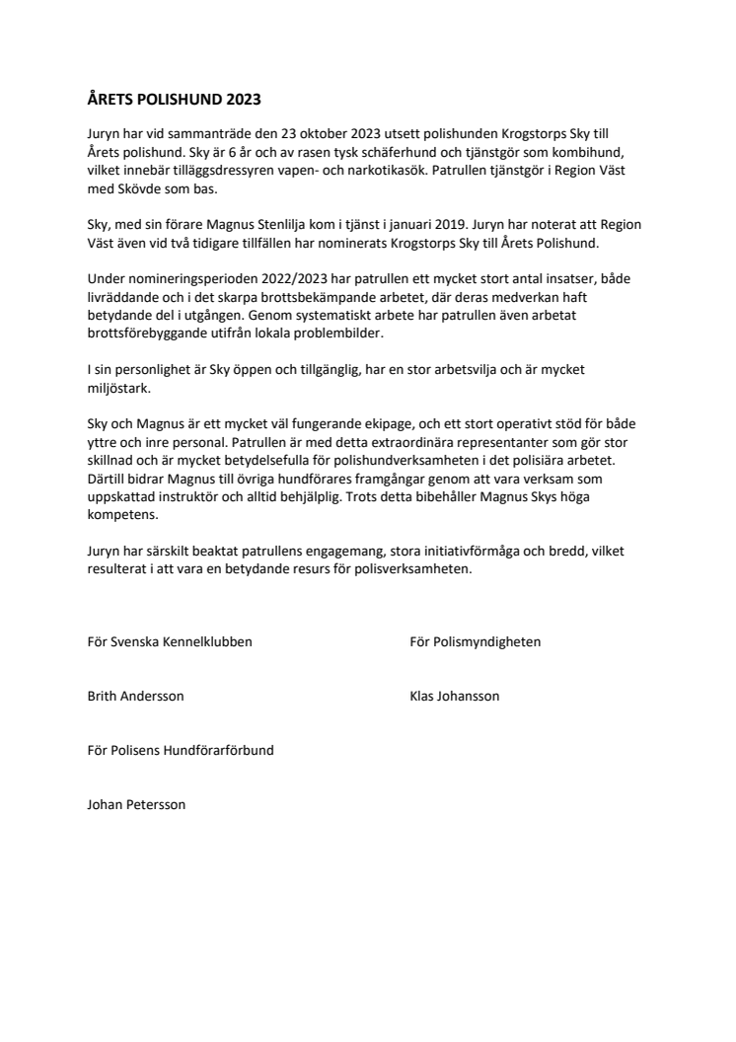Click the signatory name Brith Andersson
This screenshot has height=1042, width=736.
135,696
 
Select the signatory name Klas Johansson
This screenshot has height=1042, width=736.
454,696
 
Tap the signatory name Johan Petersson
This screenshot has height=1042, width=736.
136,804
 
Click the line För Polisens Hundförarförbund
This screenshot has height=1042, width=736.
181,750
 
